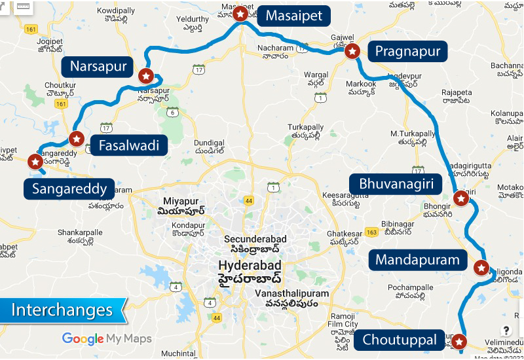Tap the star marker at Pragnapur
pos(352,51)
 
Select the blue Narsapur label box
pos(98,66)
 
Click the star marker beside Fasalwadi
pos(76,138)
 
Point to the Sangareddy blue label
pos(69,190)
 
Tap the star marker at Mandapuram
pos(481,268)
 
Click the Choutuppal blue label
pos(400,340)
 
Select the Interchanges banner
pos(62,310)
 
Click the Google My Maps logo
pos(107,338)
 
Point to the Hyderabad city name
pos(250,265)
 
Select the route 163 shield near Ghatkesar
pos(371,232)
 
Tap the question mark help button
pos(506,331)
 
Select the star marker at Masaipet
pos(241,14)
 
